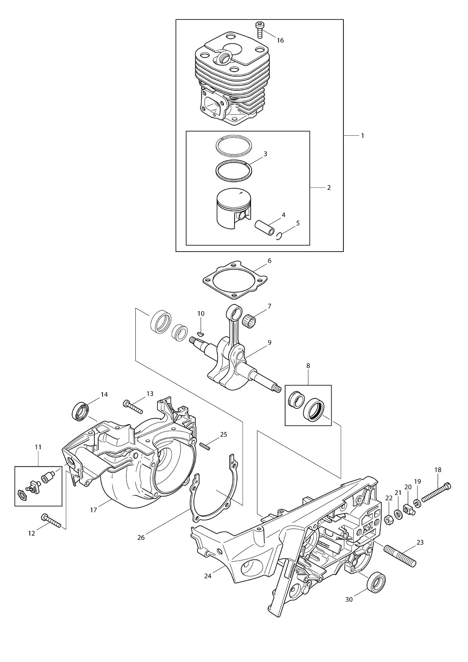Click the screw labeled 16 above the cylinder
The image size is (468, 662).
pyautogui.click(x=259, y=30)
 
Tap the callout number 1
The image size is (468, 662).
pyautogui.click(x=362, y=136)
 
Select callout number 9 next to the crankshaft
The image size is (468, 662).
pyautogui.click(x=269, y=343)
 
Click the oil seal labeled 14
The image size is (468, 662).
pyautogui.click(x=80, y=411)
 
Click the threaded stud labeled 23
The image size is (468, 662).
pyautogui.click(x=400, y=556)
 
